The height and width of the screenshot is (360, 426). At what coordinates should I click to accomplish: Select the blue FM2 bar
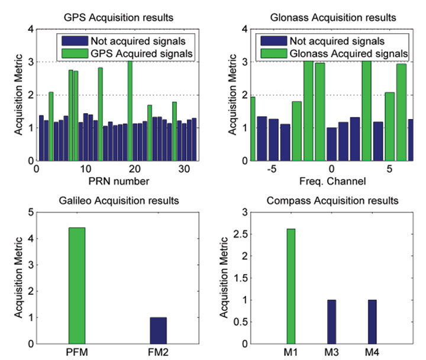click(x=158, y=330)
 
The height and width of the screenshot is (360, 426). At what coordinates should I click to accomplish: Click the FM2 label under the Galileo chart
click(x=158, y=353)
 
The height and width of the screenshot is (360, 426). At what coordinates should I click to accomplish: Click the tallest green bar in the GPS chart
click(x=130, y=111)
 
